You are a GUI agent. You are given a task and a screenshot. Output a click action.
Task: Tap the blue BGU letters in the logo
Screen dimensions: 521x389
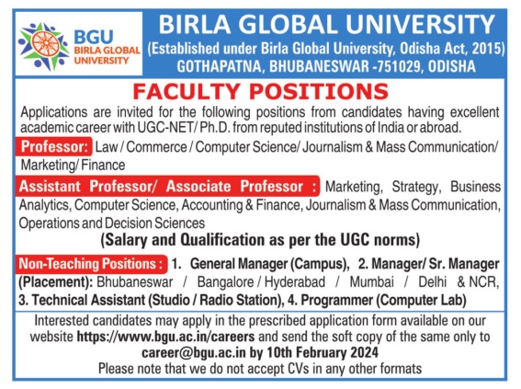coord(94,37)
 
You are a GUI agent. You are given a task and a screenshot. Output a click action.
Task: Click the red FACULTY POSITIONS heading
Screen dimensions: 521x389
coord(261,91)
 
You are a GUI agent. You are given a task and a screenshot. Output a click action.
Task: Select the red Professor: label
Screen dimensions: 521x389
coord(54,146)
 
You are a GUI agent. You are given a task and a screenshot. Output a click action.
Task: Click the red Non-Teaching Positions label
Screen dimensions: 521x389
coord(91,264)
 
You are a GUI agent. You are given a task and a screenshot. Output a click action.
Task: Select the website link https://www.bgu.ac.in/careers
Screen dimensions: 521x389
coord(165,337)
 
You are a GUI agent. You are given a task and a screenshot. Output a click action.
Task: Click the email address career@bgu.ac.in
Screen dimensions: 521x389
coord(194,352)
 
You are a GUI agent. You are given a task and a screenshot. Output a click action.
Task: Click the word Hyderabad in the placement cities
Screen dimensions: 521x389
coord(295,282)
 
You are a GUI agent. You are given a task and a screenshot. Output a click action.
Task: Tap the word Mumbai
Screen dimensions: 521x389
coord(371,282)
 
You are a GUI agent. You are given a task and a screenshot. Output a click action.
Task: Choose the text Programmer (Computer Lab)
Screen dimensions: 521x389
coord(383,300)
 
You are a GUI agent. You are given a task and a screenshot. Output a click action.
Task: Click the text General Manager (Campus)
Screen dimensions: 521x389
coord(268,264)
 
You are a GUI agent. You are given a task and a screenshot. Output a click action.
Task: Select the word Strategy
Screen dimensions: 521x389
coord(416,187)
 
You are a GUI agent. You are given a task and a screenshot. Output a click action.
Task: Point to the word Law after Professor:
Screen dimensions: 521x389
coord(107,147)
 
